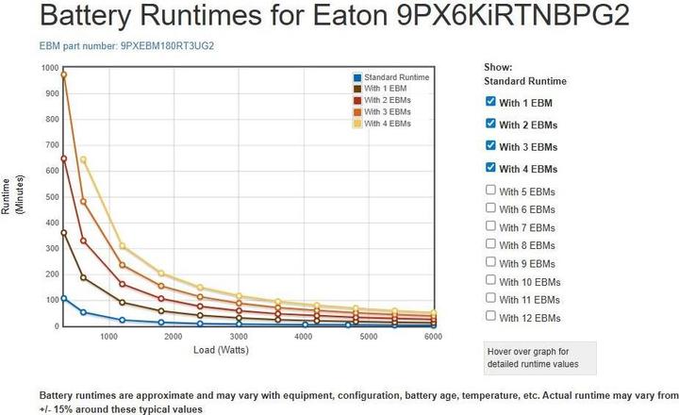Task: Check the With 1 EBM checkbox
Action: pyautogui.click(x=490, y=101)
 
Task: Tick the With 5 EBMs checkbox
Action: pyautogui.click(x=490, y=191)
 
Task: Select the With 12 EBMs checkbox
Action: pyautogui.click(x=490, y=317)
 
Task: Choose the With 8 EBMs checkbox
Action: pyautogui.click(x=490, y=244)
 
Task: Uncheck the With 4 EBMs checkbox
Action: pyautogui.click(x=490, y=168)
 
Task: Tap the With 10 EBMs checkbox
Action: pyautogui.click(x=490, y=280)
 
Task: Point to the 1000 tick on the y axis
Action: pyautogui.click(x=49, y=68)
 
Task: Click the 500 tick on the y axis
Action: pyautogui.click(x=51, y=196)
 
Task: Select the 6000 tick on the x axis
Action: pyautogui.click(x=433, y=336)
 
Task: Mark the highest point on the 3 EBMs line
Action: pyautogui.click(x=64, y=74)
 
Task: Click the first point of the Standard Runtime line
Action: pyautogui.click(x=64, y=298)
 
